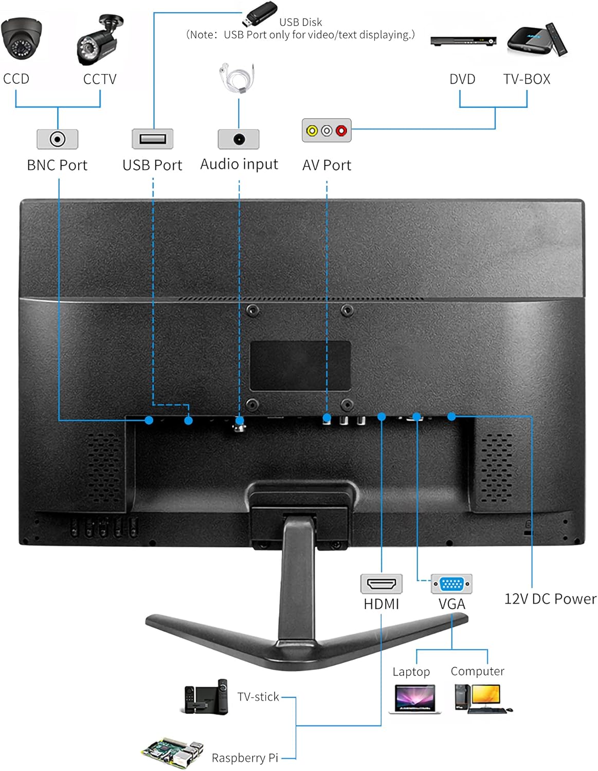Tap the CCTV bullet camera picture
pyautogui.click(x=100, y=41)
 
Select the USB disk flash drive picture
pyautogui.click(x=260, y=14)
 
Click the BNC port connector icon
pyautogui.click(x=58, y=139)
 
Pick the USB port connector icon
pyautogui.click(x=153, y=139)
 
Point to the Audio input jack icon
pyautogui.click(x=239, y=139)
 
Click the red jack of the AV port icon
pyautogui.click(x=341, y=131)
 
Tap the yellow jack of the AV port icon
pyautogui.click(x=312, y=131)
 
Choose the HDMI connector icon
pyautogui.click(x=381, y=584)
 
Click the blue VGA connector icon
pyautogui.click(x=451, y=584)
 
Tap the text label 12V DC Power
pyautogui.click(x=550, y=599)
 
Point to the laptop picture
pyautogui.click(x=414, y=699)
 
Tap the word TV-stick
pyautogui.click(x=258, y=696)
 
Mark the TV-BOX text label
pyautogui.click(x=527, y=79)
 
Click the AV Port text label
pyautogui.click(x=327, y=165)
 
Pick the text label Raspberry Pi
pyautogui.click(x=245, y=758)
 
